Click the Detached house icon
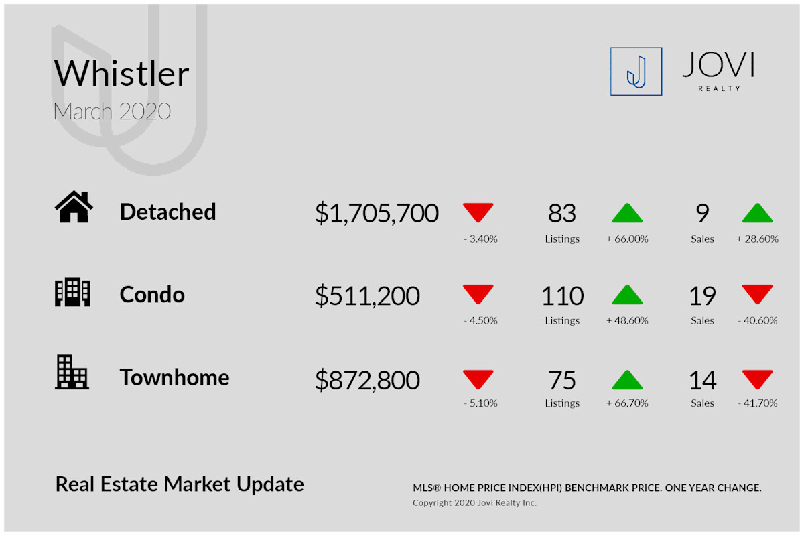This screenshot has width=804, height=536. pyautogui.click(x=74, y=207)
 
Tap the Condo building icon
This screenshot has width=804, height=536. pyautogui.click(x=72, y=292)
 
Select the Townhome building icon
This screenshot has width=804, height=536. pyautogui.click(x=72, y=373)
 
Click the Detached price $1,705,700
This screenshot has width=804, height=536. pyautogui.click(x=377, y=213)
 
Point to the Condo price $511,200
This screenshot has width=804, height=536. pyautogui.click(x=367, y=296)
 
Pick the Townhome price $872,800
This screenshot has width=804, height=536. pyautogui.click(x=367, y=380)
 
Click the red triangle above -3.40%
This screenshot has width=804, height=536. pyautogui.click(x=478, y=212)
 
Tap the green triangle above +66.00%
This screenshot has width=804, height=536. pyautogui.click(x=627, y=213)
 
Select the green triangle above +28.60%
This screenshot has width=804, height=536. pyautogui.click(x=757, y=213)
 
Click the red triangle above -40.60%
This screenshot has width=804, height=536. pyautogui.click(x=757, y=294)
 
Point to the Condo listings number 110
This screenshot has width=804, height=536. pyautogui.click(x=562, y=296)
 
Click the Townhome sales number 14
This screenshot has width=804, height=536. pyautogui.click(x=702, y=380)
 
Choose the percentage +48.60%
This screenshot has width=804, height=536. pyautogui.click(x=627, y=320)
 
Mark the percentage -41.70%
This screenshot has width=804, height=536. pyautogui.click(x=757, y=403)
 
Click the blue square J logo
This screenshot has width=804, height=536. pyautogui.click(x=636, y=72)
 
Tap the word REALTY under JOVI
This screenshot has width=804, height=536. pyautogui.click(x=719, y=88)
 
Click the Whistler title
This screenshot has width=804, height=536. pyautogui.click(x=121, y=73)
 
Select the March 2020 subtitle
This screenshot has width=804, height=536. pyautogui.click(x=112, y=111)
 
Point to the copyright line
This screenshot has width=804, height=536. pyautogui.click(x=474, y=503)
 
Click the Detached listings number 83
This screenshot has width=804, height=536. pyautogui.click(x=562, y=213)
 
